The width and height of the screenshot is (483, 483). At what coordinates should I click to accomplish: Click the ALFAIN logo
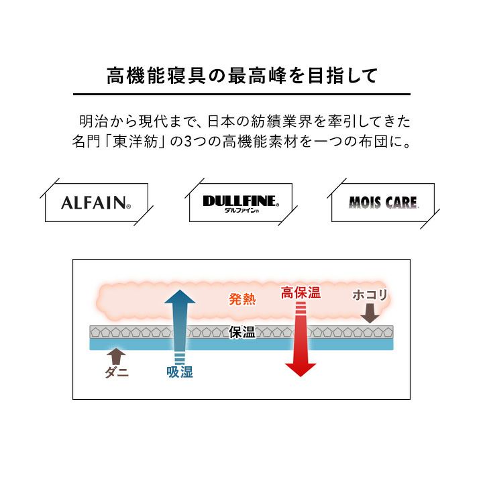tap(95, 202)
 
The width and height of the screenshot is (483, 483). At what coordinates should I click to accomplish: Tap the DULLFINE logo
tap(240, 200)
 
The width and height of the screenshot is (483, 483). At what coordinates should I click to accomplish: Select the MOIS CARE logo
tap(383, 202)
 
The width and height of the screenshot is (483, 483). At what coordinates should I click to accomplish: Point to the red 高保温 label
tap(301, 292)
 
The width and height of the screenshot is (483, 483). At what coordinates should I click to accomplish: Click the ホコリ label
tap(370, 295)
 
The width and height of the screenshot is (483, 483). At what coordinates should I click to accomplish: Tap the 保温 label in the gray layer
tap(242, 332)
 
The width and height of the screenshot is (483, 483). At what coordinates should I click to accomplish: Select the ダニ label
tap(117, 372)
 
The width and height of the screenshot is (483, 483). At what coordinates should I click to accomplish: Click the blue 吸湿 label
tap(180, 372)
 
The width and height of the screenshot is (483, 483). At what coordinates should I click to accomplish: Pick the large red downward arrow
tap(301, 342)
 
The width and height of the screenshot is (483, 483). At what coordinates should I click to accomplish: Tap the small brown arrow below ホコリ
tap(370, 313)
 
